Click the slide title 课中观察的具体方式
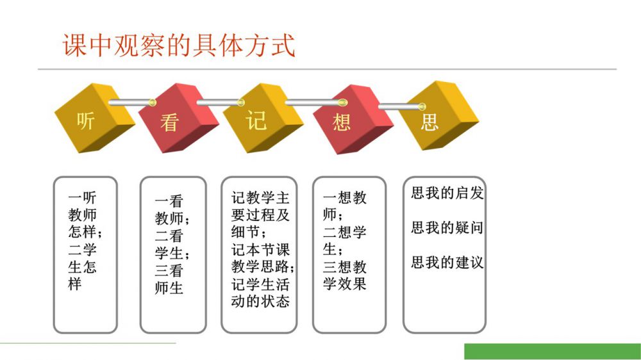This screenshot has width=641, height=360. (179, 45)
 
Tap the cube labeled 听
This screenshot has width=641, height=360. (95, 118)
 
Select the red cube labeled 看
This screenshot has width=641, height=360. (178, 119)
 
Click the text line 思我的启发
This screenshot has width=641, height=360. (447, 193)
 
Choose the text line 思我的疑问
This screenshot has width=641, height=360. (447, 227)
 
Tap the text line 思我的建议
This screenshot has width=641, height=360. (447, 263)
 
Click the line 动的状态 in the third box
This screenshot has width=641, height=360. (260, 301)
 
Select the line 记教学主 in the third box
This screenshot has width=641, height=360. (260, 198)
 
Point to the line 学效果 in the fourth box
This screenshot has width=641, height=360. (345, 284)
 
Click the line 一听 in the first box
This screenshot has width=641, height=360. (82, 198)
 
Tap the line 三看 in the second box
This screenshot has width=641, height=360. (169, 270)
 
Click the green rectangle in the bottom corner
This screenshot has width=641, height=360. (553, 352)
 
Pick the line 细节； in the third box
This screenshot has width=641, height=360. (249, 232)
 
